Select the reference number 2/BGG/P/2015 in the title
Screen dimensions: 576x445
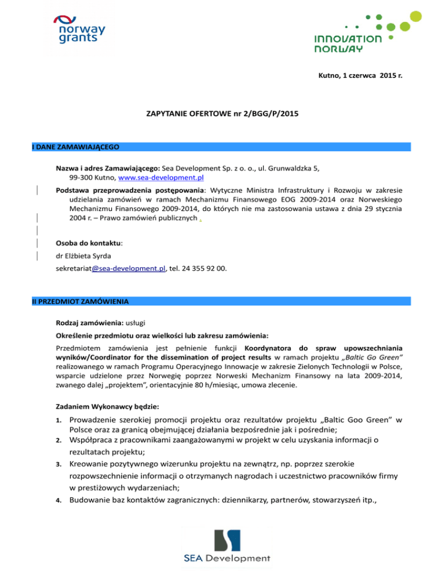click(x=263, y=116)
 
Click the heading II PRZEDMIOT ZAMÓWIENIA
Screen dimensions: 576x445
click(x=81, y=301)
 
